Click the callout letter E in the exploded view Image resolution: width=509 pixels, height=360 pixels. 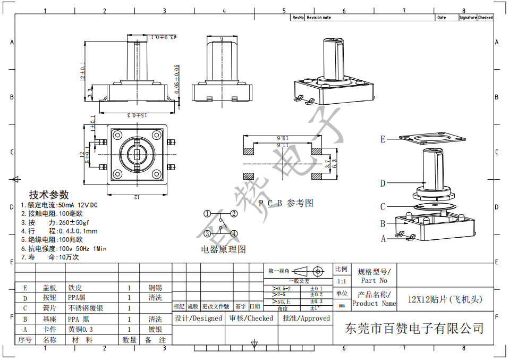(383, 139)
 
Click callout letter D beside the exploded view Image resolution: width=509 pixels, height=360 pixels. (383, 183)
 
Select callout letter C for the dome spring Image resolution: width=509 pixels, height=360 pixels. (383, 207)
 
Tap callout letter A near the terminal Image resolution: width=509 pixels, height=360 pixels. (384, 239)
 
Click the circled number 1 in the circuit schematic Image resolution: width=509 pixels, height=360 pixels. (207, 214)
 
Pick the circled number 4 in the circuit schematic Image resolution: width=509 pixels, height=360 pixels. (233, 233)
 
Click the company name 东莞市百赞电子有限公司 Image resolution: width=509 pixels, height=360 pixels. (414, 328)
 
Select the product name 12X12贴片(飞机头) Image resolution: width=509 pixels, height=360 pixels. (445, 299)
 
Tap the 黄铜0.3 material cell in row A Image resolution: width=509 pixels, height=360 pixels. (81, 330)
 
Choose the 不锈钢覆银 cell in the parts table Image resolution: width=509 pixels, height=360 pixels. (86, 308)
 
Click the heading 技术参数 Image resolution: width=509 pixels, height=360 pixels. (49, 195)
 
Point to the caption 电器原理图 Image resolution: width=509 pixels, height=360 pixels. (223, 249)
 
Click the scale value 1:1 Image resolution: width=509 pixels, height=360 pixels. (341, 281)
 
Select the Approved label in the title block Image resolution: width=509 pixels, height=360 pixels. (306, 319)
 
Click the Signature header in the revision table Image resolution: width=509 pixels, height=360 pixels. (468, 18)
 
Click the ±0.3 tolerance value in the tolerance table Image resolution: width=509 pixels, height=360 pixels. (316, 302)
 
